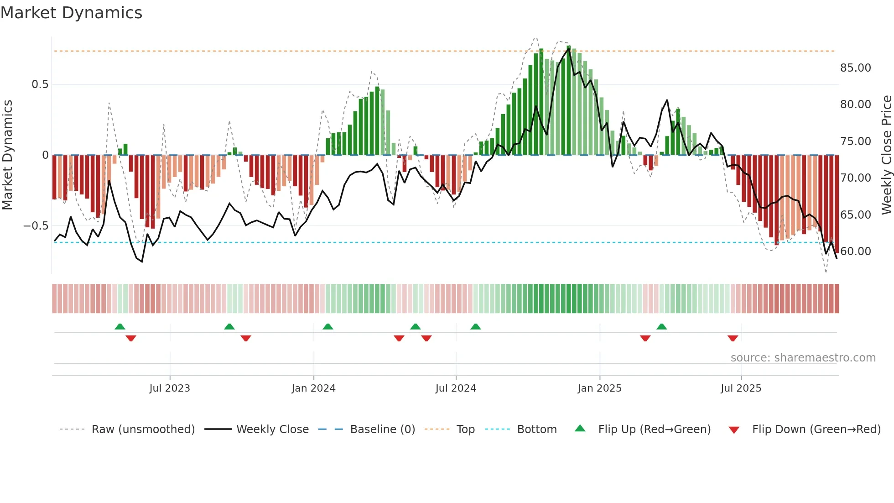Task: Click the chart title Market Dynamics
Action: [72, 13]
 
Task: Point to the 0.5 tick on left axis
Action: [40, 84]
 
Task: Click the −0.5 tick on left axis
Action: [36, 226]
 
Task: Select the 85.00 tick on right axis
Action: [855, 68]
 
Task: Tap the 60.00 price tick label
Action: [855, 251]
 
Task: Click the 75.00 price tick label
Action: [855, 141]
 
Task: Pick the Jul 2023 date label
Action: [170, 388]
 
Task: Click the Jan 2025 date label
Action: [599, 388]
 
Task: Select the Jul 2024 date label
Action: [456, 388]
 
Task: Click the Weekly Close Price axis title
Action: [886, 155]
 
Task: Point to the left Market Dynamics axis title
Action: [7, 155]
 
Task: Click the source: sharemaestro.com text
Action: [803, 358]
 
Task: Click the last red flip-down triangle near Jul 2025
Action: [733, 338]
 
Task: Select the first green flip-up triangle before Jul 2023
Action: [120, 326]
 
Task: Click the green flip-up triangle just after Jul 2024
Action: [475, 326]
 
